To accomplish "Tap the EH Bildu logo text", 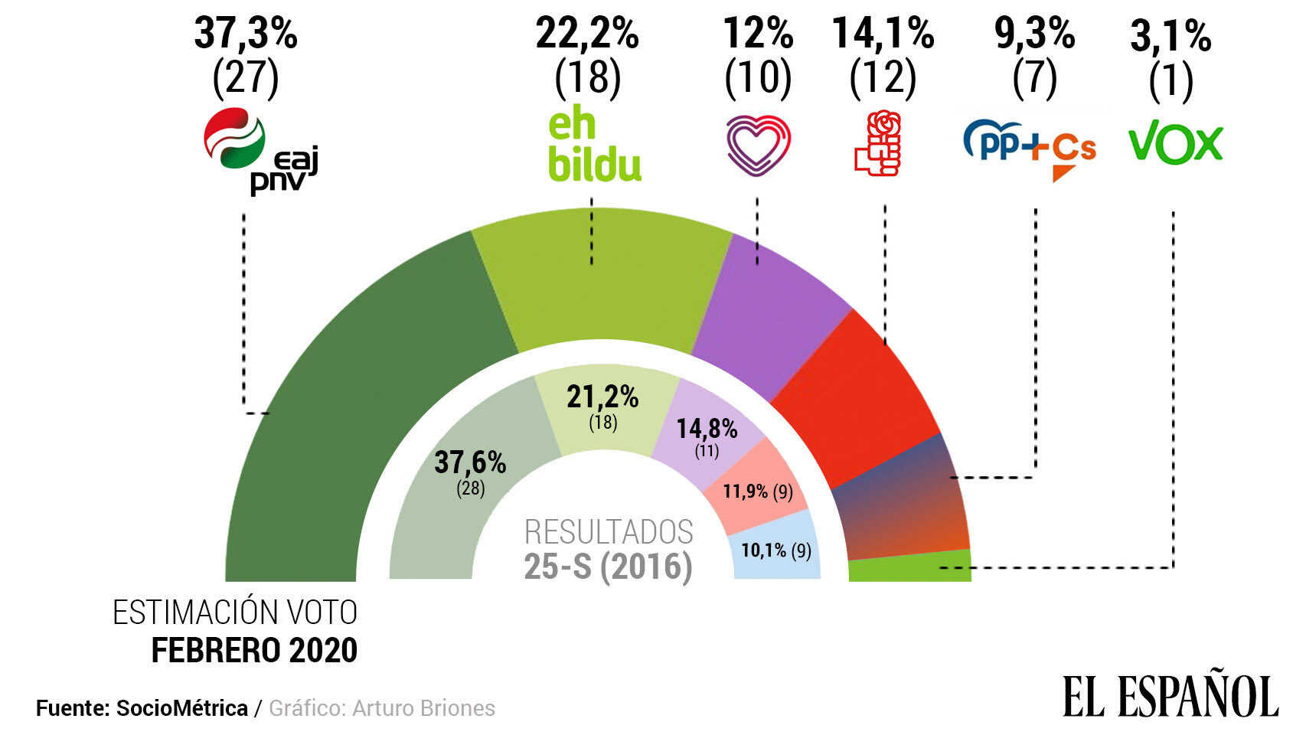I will pos(593,147).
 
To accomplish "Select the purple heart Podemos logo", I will pos(757,145).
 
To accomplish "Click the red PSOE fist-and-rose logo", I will pos(879,144).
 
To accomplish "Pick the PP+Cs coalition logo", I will pos(1030,147).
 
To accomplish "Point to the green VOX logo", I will pos(1175,144).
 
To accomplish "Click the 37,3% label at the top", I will pos(245,34).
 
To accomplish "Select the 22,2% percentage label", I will pos(586,34).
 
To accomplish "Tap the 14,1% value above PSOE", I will pos(883,34).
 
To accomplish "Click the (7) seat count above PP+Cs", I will pos(1034,77).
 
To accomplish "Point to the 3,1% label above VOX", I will pos(1170,36).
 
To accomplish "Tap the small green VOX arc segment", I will pos(911,568).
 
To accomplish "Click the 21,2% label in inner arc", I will pos(602,397).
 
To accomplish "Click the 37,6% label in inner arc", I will pos(470,462).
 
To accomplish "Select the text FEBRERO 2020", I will pos(254,651).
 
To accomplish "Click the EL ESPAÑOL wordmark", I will pos(1170,696).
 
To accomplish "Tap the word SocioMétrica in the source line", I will pos(181,708).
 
